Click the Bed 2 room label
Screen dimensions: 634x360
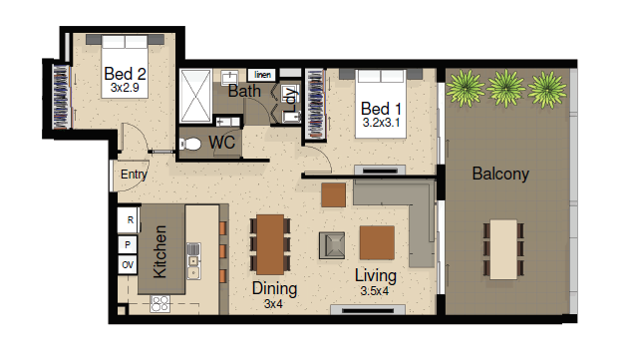click(125, 74)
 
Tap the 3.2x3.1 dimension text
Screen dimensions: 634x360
click(381, 122)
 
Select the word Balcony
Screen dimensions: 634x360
click(500, 174)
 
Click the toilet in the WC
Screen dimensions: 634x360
click(190, 144)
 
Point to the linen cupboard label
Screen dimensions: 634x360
click(262, 75)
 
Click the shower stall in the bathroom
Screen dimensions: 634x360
click(195, 96)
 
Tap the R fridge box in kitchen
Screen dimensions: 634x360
click(128, 220)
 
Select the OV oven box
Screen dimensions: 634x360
click(128, 265)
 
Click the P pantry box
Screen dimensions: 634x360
click(128, 244)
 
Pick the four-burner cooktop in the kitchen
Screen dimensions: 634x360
click(159, 304)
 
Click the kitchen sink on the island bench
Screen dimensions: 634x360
click(193, 261)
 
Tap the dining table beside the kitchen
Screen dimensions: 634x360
click(270, 244)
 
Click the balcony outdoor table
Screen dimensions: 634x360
click(503, 249)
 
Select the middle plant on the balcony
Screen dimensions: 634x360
click(505, 88)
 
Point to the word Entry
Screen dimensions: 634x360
click(134, 175)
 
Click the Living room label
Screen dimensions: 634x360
click(376, 275)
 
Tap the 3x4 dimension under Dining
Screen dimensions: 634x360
click(273, 303)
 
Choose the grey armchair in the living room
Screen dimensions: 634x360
click(332, 245)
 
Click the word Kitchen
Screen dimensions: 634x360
click(159, 251)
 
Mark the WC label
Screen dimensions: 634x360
click(222, 143)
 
